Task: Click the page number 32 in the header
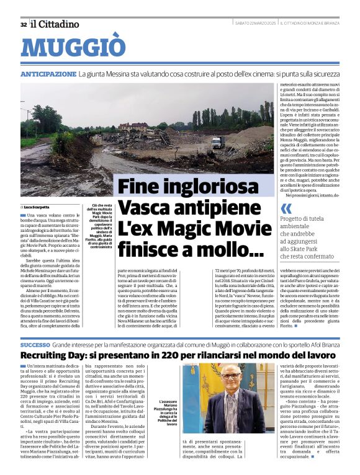point(23,24)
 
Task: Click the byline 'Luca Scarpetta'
point(38,206)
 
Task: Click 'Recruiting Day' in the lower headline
point(59,355)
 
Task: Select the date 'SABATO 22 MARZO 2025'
point(256,24)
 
